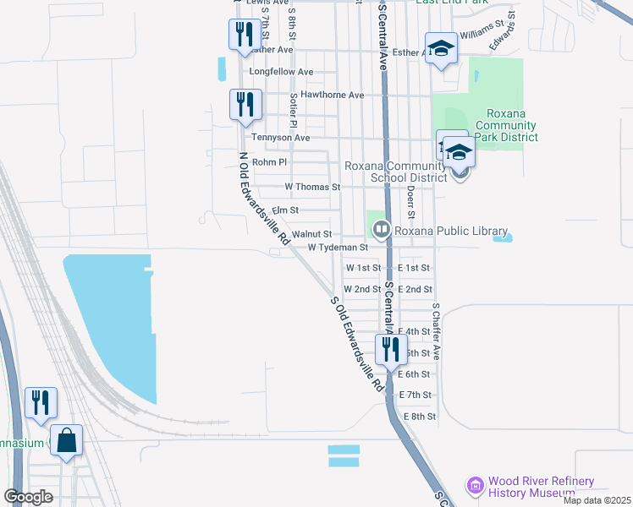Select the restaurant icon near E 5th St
390,348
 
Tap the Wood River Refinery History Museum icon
475,486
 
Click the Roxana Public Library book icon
381,229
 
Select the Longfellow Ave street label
281,73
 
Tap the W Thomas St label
312,187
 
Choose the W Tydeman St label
338,248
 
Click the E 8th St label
420,417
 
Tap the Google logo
28,496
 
